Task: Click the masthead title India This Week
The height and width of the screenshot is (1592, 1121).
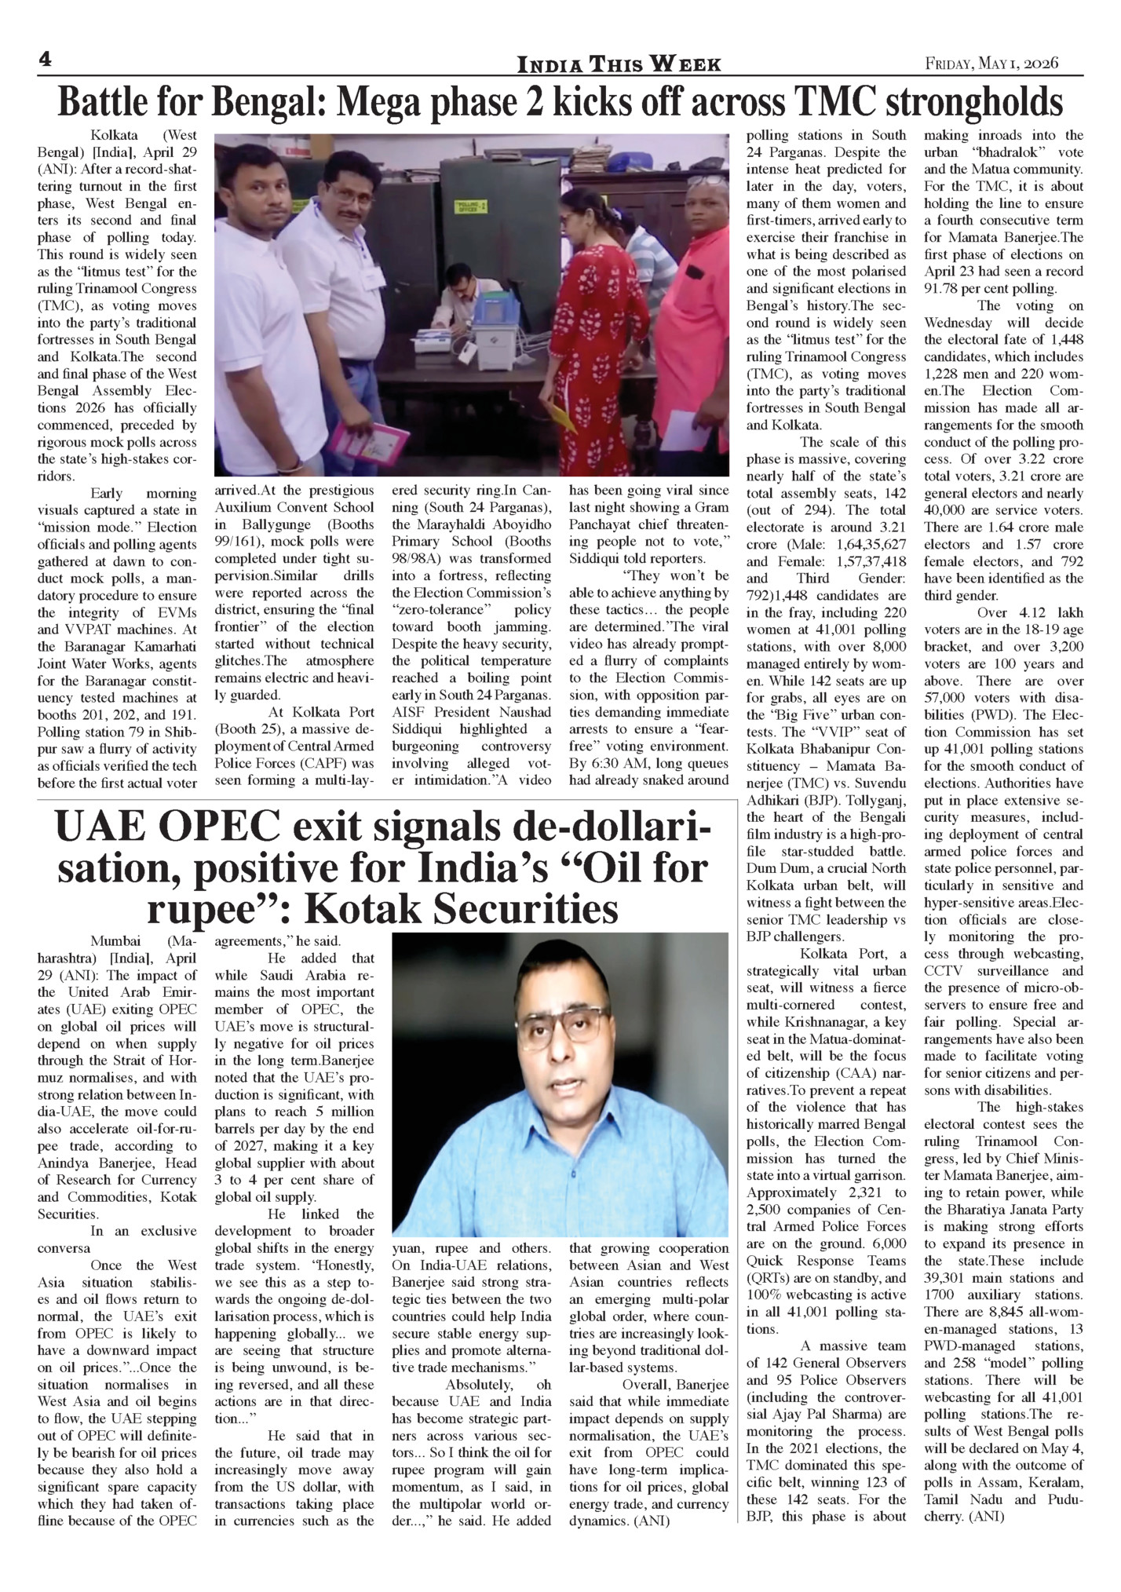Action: pos(618,64)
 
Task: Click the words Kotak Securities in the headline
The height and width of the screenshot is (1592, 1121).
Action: pos(461,910)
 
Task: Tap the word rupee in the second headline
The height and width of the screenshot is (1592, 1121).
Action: pos(214,910)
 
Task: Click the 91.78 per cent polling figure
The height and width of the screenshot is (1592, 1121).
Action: pos(962,289)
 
